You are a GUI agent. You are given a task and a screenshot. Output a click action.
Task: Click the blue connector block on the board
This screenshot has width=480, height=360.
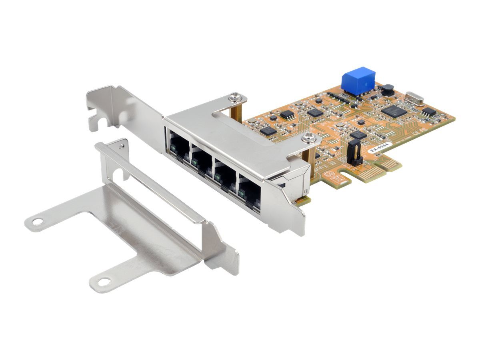(x=358, y=81)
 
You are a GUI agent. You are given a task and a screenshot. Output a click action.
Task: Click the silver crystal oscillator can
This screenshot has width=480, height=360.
(x=414, y=98)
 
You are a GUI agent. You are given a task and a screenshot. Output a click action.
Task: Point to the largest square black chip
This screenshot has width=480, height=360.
(x=394, y=110)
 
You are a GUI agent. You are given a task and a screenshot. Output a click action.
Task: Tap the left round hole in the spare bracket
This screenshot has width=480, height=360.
(x=37, y=221)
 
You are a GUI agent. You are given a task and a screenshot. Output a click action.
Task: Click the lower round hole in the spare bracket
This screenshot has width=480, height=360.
(x=104, y=282)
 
